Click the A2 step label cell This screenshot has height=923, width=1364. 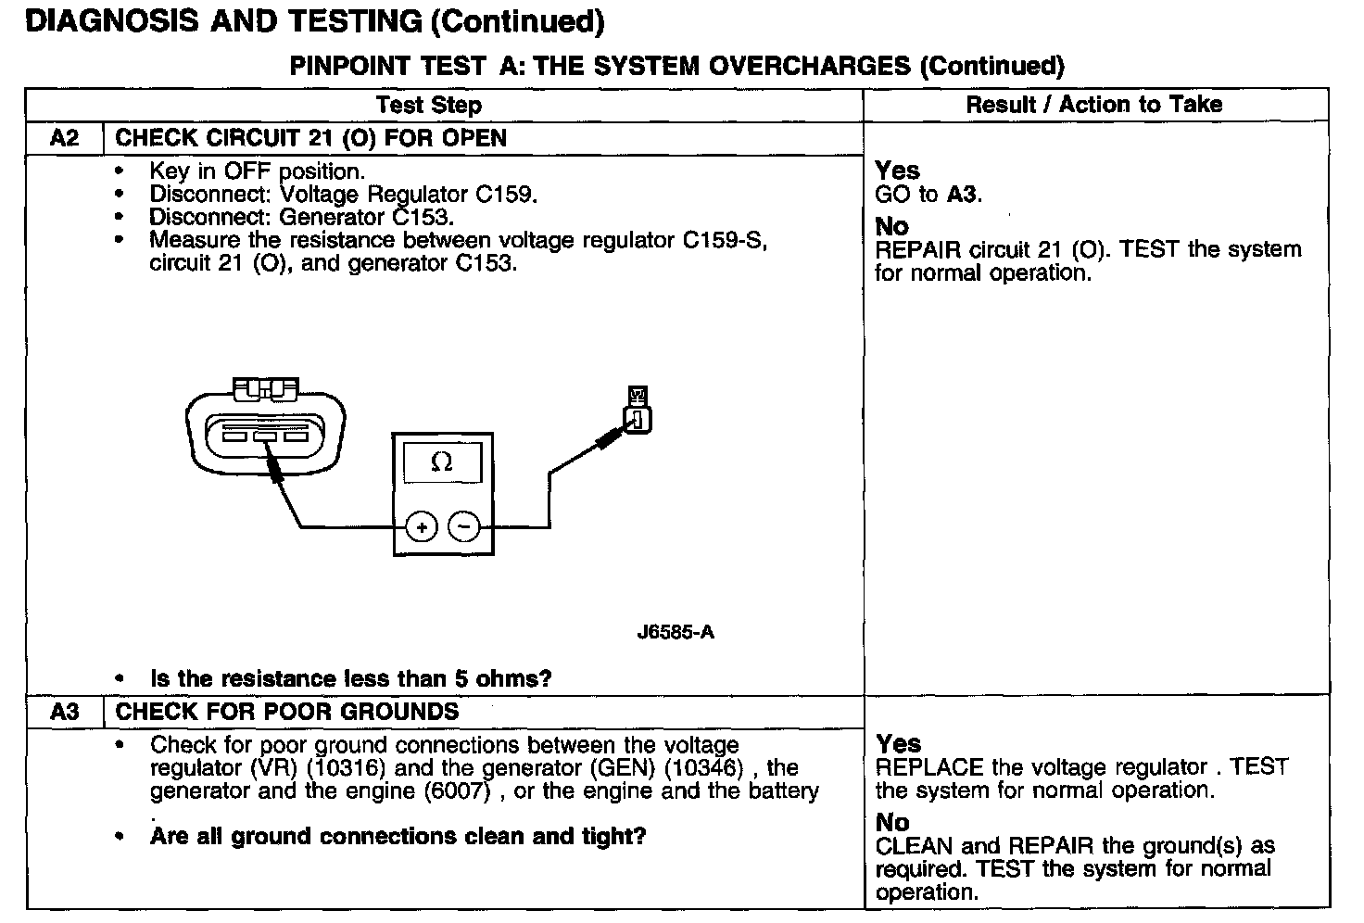(64, 139)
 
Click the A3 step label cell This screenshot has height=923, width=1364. (64, 712)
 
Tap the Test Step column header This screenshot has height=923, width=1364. (429, 105)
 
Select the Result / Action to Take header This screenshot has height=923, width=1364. (1093, 105)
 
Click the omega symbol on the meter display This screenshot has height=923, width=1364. (442, 461)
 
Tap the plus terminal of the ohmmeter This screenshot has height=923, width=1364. (421, 527)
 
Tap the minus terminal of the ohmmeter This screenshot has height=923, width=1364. (464, 527)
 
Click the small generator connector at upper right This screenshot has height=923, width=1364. (638, 411)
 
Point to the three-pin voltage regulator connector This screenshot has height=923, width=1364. (265, 424)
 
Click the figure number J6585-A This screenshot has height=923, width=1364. (676, 633)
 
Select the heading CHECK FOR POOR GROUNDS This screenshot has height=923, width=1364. (286, 712)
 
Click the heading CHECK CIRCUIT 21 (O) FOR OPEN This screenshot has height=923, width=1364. (310, 139)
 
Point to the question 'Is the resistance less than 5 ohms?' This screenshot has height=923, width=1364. (350, 678)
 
